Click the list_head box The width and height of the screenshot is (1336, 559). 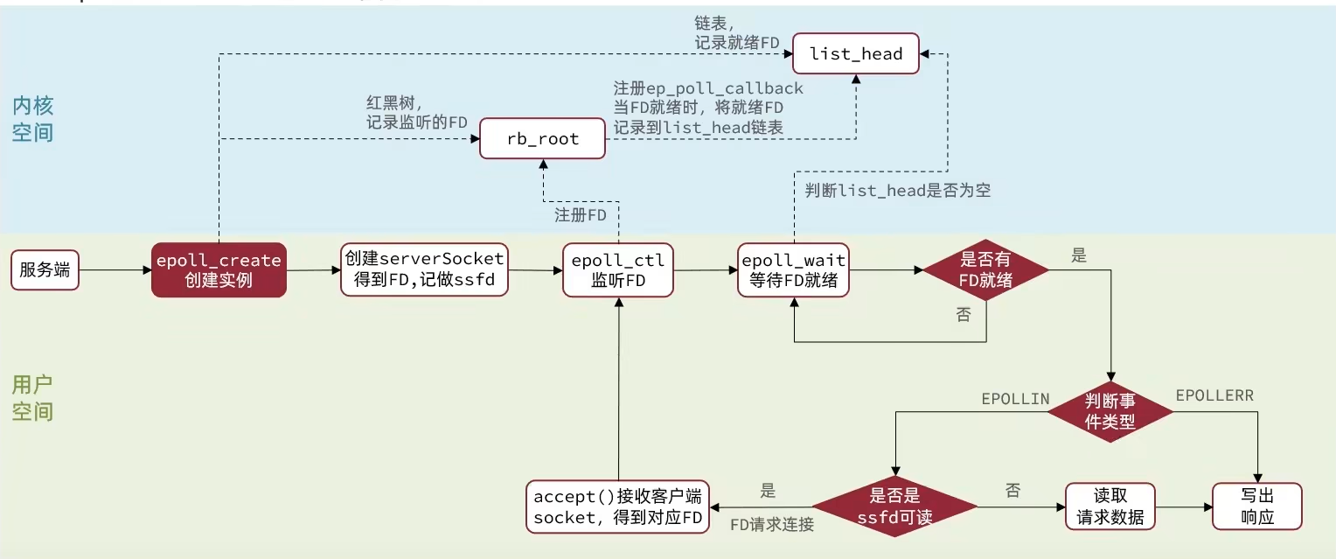(x=855, y=54)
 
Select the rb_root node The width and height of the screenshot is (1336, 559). (x=542, y=139)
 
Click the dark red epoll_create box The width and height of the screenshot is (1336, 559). (x=219, y=269)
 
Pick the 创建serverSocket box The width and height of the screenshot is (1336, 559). (x=424, y=269)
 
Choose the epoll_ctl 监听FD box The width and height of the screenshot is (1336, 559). (x=618, y=270)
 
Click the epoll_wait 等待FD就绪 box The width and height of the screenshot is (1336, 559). (x=794, y=270)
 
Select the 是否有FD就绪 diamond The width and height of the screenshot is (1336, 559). (x=986, y=269)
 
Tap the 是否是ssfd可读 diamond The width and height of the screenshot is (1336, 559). (x=894, y=507)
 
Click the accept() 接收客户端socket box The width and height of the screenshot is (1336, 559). (x=618, y=507)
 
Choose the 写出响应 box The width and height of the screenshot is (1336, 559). (x=1256, y=507)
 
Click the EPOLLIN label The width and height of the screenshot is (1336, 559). (x=1014, y=399)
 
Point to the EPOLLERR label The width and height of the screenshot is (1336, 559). (x=1214, y=395)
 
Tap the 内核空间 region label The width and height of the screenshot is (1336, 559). (x=33, y=119)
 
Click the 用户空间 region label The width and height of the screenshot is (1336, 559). (x=33, y=397)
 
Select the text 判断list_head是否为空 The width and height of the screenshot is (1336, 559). (x=897, y=190)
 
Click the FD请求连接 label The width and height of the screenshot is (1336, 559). (x=772, y=525)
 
